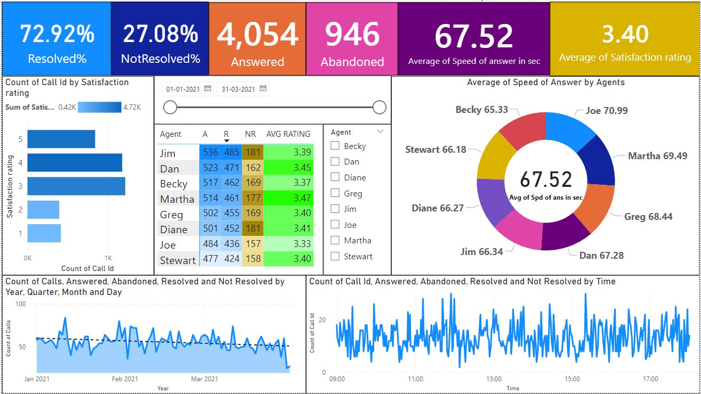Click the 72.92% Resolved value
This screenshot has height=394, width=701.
coord(57,34)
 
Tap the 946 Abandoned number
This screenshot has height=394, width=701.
coord(352,35)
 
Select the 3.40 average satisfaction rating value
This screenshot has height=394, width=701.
coord(625,34)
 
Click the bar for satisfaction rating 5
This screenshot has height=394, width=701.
coord(61,139)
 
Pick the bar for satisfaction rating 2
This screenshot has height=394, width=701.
coord(43,210)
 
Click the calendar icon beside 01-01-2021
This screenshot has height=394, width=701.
coord(208,89)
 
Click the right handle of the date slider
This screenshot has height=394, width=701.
coord(379,108)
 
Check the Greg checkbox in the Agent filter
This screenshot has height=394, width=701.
coord(335,193)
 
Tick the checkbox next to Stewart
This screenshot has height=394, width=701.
coord(335,256)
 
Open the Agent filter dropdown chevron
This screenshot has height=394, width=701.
coord(380,132)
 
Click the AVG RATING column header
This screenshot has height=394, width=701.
coord(288,135)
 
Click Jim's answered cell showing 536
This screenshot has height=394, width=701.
coord(211,152)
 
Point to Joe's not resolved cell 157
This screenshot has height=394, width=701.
coord(251,244)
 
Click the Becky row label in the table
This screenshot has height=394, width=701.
coord(174,184)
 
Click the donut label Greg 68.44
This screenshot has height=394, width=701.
coord(648,217)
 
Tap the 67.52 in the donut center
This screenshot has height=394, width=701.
coord(546,179)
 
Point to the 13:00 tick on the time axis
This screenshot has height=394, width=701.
coord(494,379)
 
